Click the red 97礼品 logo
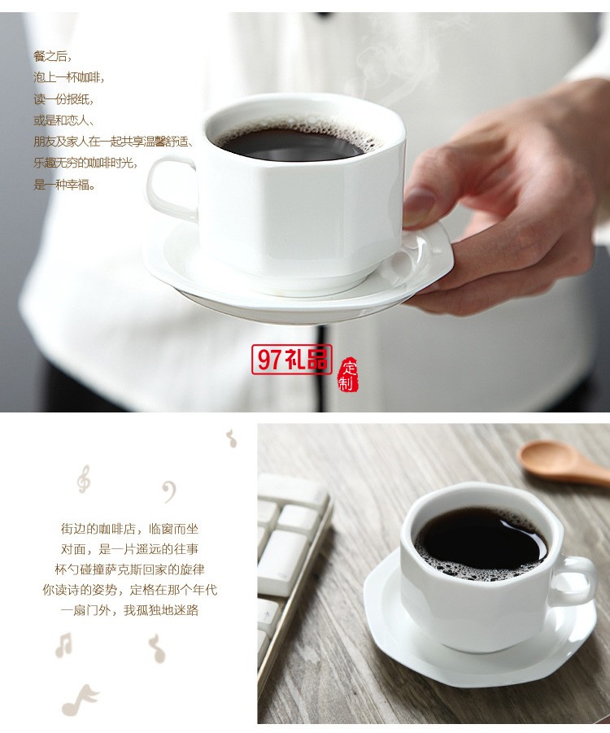[x=291, y=360]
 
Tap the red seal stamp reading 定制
[x=347, y=374]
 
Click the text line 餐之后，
[x=53, y=56]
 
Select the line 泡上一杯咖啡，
[x=69, y=78]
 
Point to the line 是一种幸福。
[x=65, y=185]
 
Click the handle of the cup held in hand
[x=169, y=189]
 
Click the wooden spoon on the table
[x=561, y=462]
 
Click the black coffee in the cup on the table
[x=480, y=541]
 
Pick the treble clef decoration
[x=83, y=479]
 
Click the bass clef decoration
[x=168, y=491]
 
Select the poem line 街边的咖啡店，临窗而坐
[x=129, y=527]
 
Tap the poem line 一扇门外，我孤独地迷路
[x=129, y=610]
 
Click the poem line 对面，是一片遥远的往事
[x=129, y=548]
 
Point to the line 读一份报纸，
[x=63, y=99]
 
